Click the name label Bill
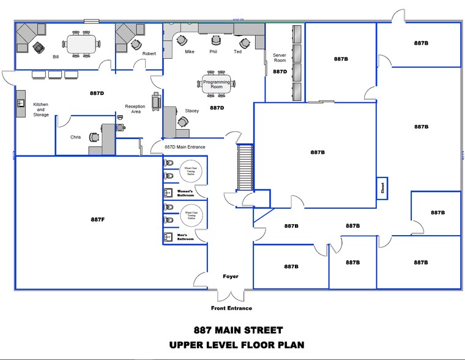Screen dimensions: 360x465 pyautogui.click(x=56, y=56)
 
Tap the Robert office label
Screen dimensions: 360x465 pyautogui.click(x=149, y=54)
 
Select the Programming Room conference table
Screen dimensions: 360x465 pyautogui.click(x=216, y=84)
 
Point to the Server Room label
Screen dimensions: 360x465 pyautogui.click(x=280, y=58)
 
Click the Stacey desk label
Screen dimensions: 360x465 pyautogui.click(x=192, y=111)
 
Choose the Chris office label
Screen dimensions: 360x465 pyautogui.click(x=75, y=137)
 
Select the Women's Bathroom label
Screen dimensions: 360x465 pyautogui.click(x=185, y=193)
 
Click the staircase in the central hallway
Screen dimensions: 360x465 pyautogui.click(x=244, y=168)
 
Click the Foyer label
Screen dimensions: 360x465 pyautogui.click(x=231, y=277)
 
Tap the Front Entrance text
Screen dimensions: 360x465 pyautogui.click(x=231, y=308)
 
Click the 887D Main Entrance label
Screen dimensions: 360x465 pyautogui.click(x=185, y=147)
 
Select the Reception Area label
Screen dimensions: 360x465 pyautogui.click(x=135, y=109)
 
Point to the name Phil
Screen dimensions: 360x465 pyautogui.click(x=213, y=52)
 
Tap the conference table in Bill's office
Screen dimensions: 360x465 pyautogui.click(x=81, y=43)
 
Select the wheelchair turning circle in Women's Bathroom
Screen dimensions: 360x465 pyautogui.click(x=190, y=172)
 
